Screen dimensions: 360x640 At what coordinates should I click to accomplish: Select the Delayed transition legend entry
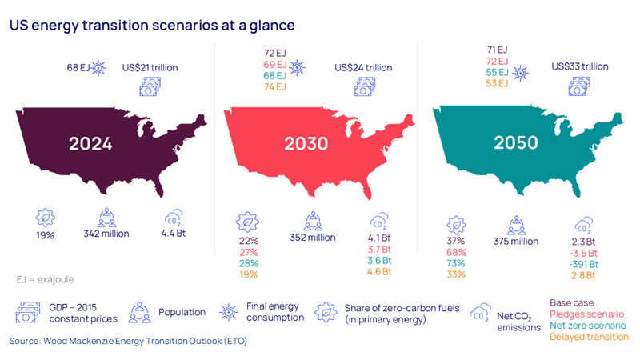click(589, 337)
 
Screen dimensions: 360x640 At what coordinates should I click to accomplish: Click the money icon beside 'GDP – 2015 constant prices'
click(27, 312)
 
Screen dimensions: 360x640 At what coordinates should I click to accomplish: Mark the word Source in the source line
click(26, 342)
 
